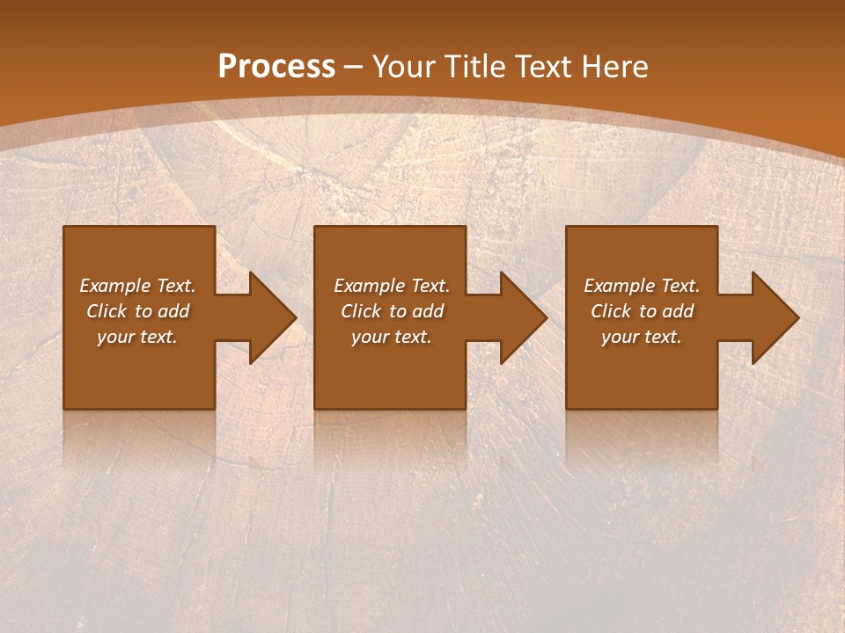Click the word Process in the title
tap(276, 66)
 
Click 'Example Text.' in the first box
tap(137, 286)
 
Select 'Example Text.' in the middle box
tap(392, 286)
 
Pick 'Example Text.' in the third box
tap(642, 286)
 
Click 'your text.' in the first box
tap(137, 337)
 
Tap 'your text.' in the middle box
tap(392, 337)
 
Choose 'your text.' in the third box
tap(642, 337)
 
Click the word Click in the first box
tap(107, 311)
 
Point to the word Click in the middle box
tap(361, 311)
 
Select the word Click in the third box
tap(611, 311)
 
